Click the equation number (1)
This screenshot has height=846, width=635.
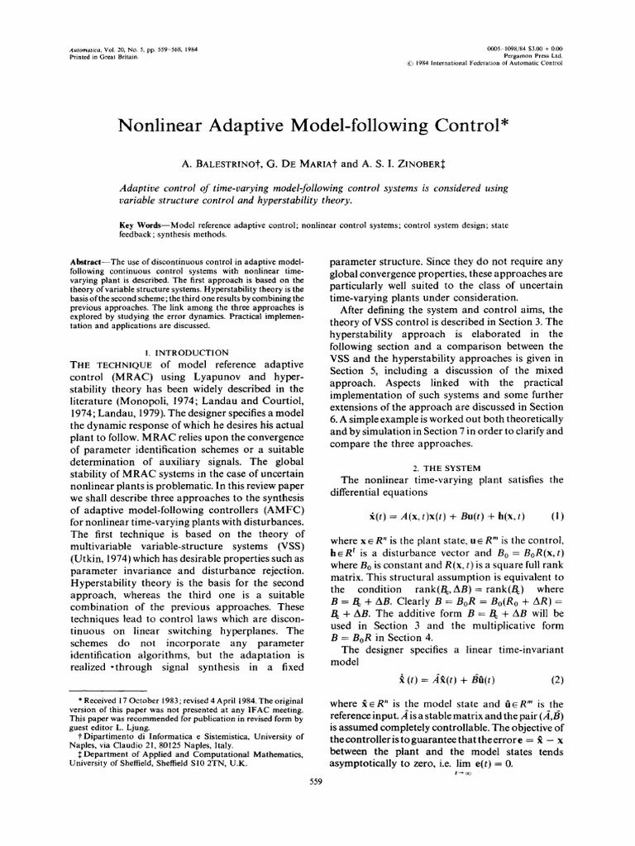[x=556, y=516]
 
